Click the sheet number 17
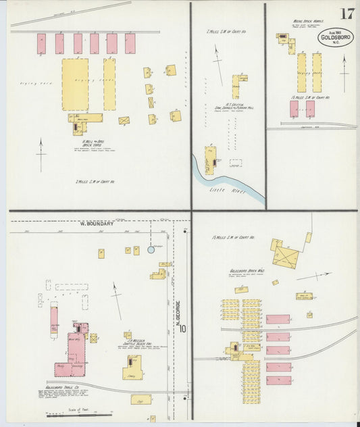pyautogui.click(x=347, y=14)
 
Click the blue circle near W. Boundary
pyautogui.click(x=151, y=249)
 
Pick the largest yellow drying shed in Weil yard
pyautogui.click(x=75, y=84)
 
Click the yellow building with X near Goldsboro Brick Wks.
pyautogui.click(x=286, y=256)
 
